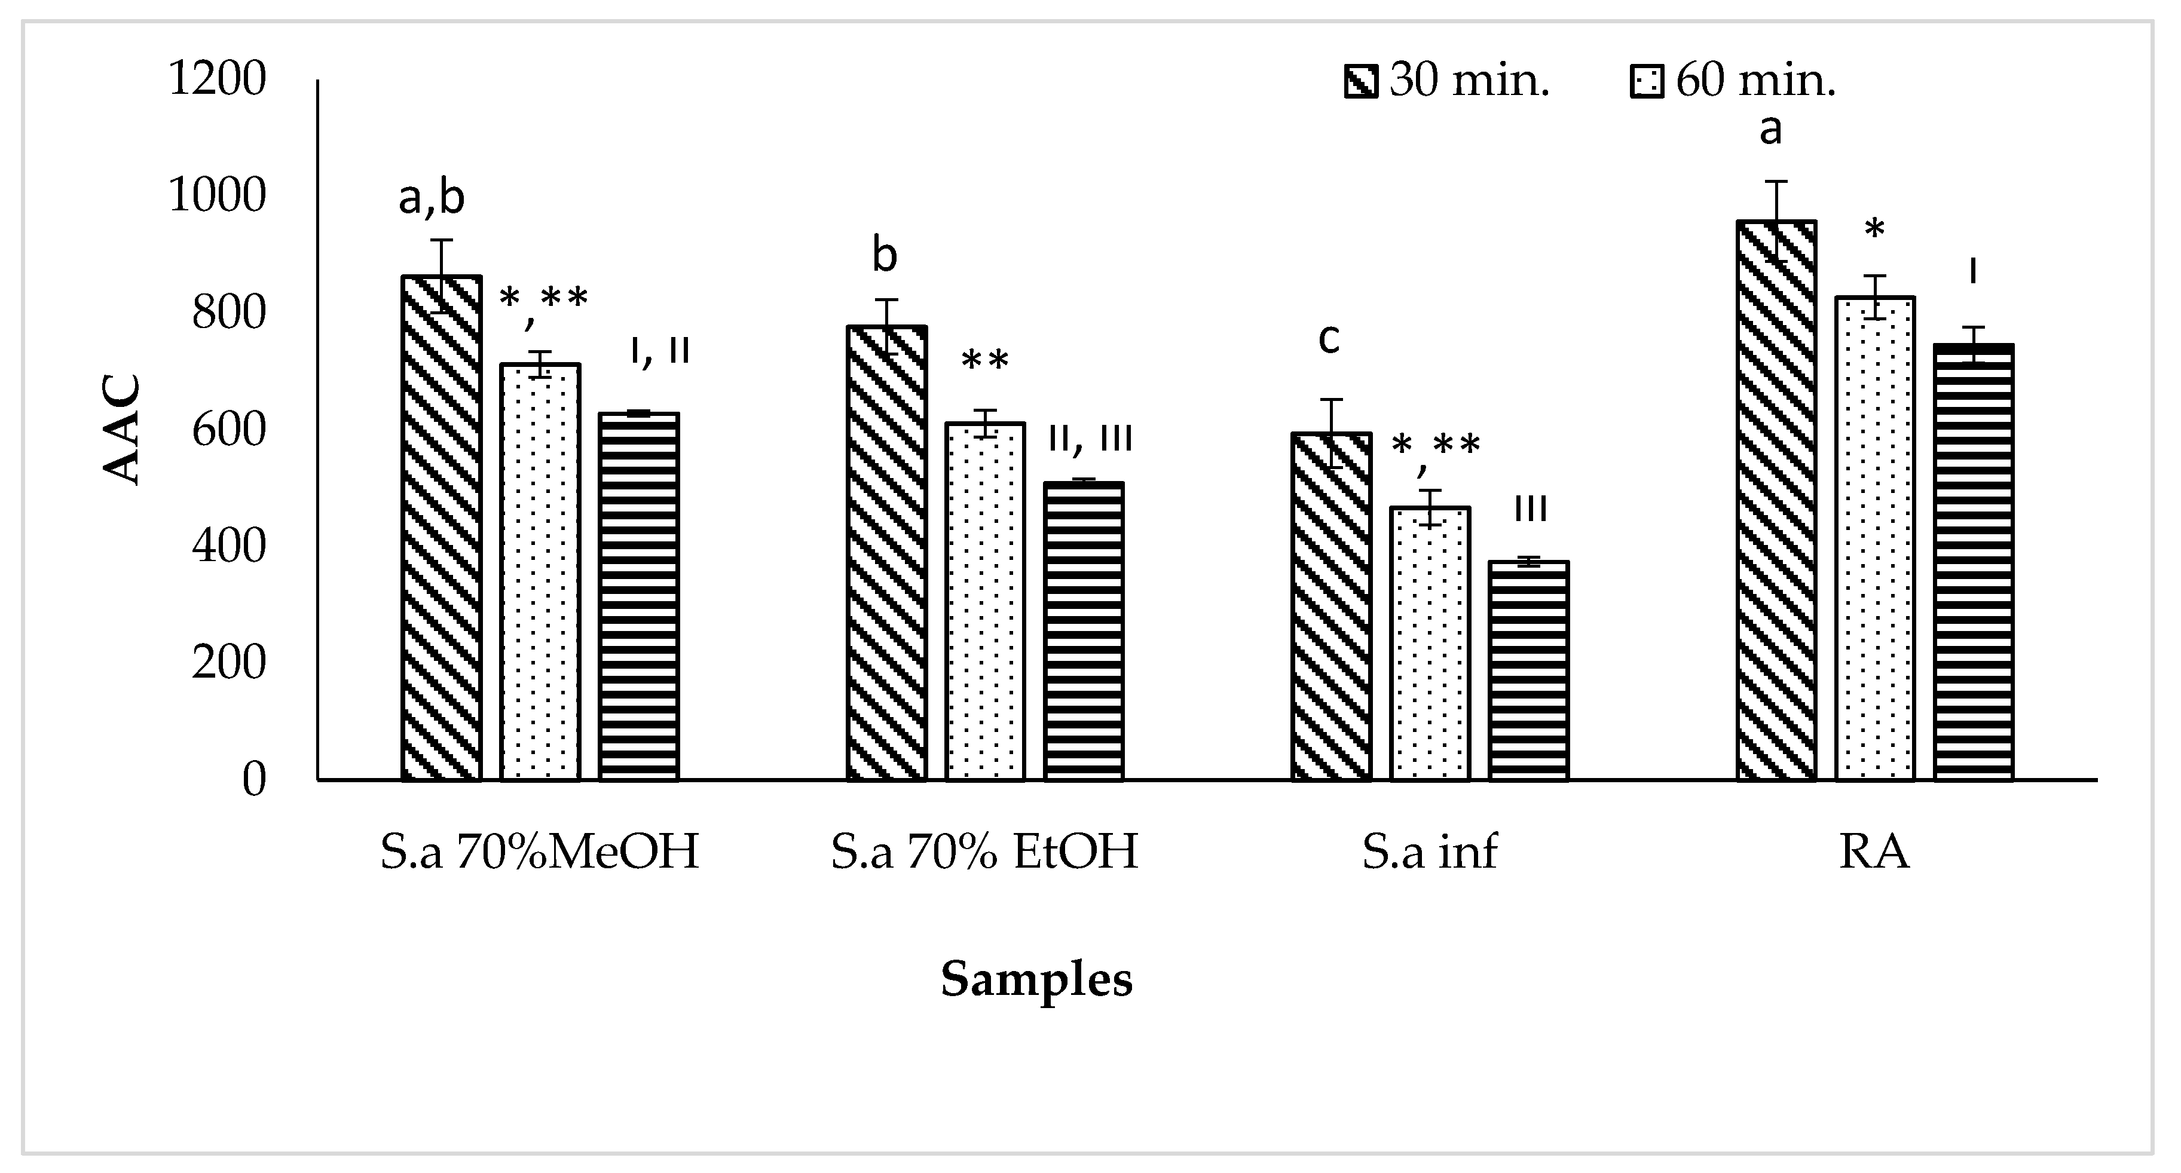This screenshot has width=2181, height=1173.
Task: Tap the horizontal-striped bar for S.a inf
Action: coord(1528,670)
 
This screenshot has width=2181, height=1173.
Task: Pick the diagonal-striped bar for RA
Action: coord(1776,500)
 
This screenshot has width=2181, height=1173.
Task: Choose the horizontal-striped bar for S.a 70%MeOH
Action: coord(638,596)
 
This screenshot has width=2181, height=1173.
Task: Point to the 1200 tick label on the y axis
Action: coord(217,79)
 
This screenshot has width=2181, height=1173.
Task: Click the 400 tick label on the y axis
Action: coord(228,546)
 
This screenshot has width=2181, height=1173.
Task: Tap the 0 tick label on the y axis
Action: coord(254,779)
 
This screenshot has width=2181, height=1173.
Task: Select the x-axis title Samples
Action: coord(1036,979)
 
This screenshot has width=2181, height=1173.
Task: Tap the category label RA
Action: coord(1874,852)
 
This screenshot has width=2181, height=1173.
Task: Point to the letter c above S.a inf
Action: coord(1329,339)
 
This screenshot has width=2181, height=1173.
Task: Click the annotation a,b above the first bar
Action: coord(432,198)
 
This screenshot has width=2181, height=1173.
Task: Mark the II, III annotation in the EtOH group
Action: coord(1090,439)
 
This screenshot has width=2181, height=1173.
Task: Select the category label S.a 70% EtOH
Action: coord(984,852)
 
